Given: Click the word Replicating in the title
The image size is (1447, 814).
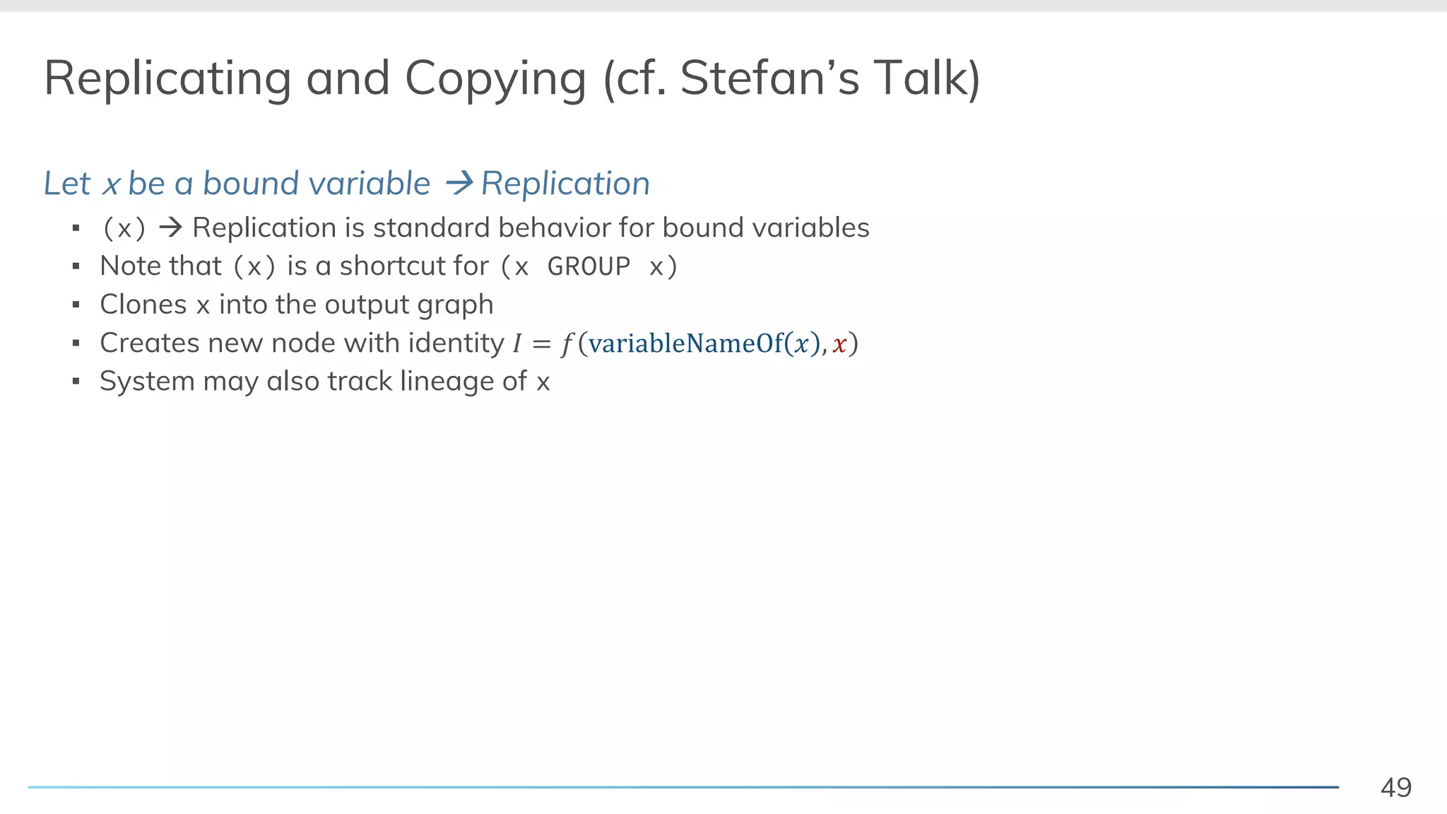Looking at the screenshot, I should click(167, 78).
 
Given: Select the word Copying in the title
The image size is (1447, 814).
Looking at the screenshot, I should click(495, 78).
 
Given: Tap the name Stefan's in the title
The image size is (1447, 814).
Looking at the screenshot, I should click(769, 78).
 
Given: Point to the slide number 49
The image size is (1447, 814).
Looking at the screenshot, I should click(1395, 787).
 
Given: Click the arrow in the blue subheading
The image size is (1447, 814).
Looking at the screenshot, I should click(459, 184).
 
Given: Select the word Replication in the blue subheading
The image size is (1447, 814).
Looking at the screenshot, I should click(565, 184).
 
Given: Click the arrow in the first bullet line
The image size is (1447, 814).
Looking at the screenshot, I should click(170, 228).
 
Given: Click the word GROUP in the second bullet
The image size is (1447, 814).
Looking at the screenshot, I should click(589, 267).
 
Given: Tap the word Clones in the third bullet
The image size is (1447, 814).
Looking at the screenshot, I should click(143, 305).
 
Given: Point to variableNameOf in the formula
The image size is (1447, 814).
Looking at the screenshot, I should click(685, 343).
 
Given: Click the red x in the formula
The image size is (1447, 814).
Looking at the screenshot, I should click(839, 344).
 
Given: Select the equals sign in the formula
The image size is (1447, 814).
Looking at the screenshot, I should click(541, 344).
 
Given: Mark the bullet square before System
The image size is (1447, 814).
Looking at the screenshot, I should click(76, 382).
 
